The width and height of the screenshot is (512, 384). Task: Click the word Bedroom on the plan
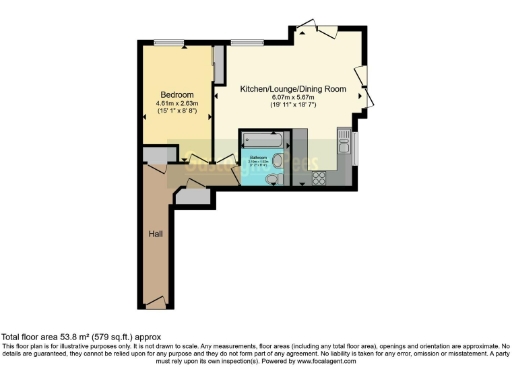(176, 95)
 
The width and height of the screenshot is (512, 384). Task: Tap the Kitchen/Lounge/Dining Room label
(293, 89)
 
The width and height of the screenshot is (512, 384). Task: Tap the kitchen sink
(344, 147)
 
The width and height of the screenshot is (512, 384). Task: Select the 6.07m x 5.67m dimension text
(293, 97)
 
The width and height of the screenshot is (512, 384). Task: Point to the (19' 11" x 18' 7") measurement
(293, 105)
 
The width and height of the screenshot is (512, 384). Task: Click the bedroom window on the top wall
(167, 41)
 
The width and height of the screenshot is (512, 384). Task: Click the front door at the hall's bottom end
(154, 300)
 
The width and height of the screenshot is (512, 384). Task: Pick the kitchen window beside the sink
(357, 147)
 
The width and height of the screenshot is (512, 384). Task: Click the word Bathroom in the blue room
(257, 157)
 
